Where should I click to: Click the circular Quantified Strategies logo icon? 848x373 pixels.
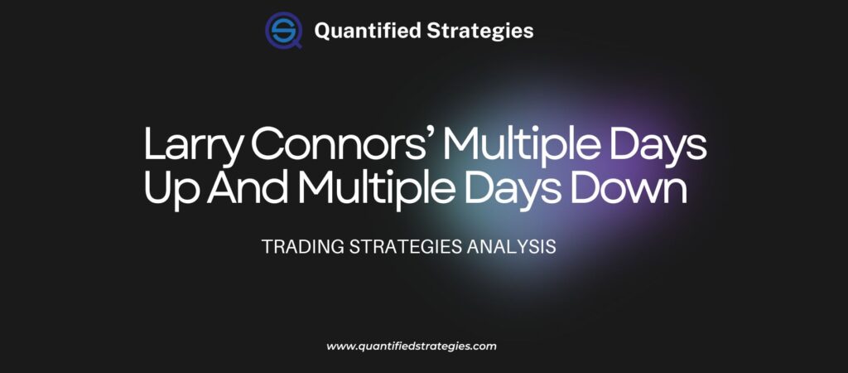pyautogui.click(x=283, y=31)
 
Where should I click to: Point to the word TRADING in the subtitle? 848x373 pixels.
pyautogui.click(x=296, y=247)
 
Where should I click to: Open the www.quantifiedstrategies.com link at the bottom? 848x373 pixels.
pyautogui.click(x=412, y=346)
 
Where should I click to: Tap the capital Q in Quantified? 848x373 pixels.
pyautogui.click(x=323, y=31)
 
